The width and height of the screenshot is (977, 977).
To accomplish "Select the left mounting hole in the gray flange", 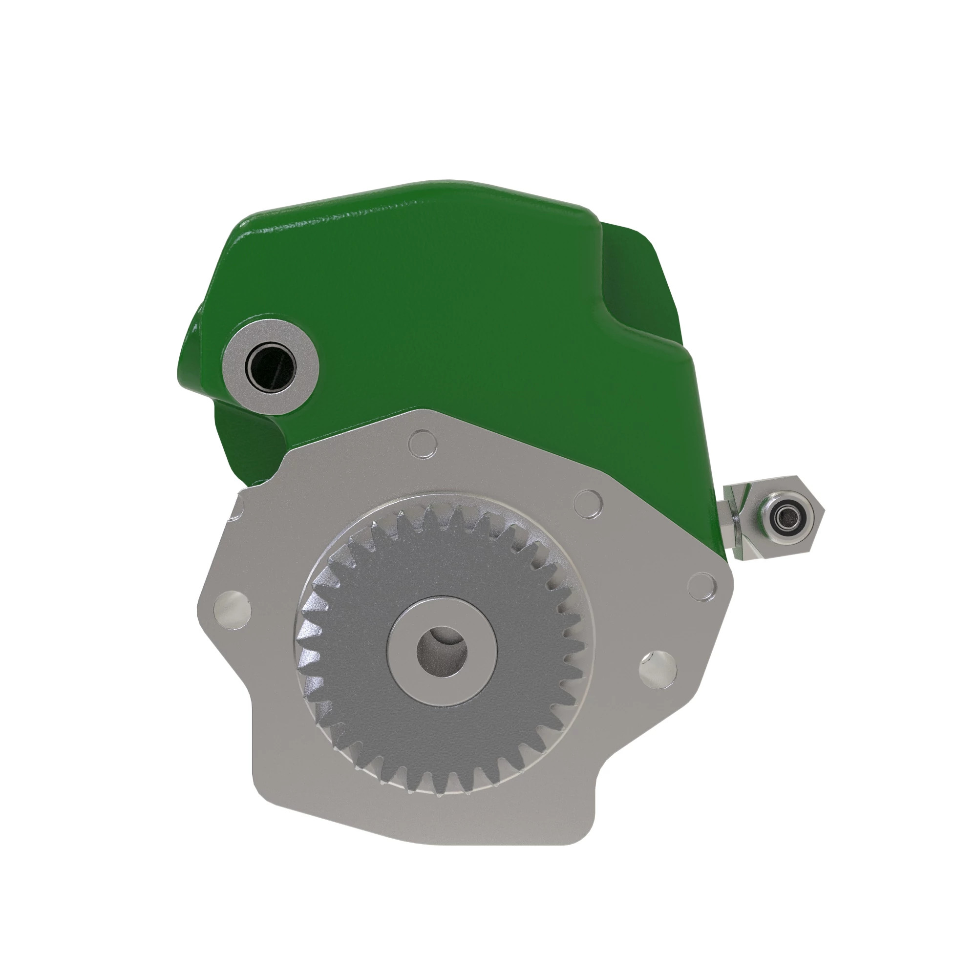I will pos(233,609).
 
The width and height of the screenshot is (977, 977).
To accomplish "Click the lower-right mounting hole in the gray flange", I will pos(658,670).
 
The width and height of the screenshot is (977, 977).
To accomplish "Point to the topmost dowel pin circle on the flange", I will pos(422,445).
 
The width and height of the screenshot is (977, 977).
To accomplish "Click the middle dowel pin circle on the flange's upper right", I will pos(589,504).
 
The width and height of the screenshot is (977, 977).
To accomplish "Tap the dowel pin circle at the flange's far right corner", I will pos(702,587).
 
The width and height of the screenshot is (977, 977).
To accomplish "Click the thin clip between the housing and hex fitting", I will pos(733,521).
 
